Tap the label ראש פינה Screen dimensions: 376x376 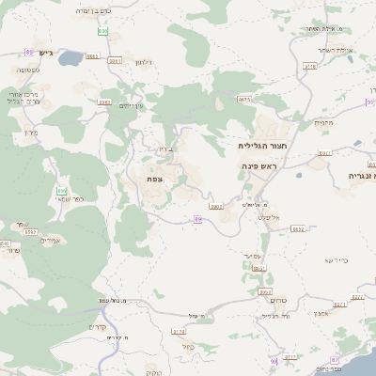point(259,165)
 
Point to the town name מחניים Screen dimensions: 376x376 point(325,123)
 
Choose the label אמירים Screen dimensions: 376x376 point(52,241)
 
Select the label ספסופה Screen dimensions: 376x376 point(25,70)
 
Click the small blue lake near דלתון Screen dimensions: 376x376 point(71,59)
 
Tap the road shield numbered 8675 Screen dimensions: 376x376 point(243,99)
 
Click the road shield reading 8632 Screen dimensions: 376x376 point(298,228)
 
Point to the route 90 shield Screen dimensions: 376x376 point(274,361)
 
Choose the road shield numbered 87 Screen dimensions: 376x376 point(334,361)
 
